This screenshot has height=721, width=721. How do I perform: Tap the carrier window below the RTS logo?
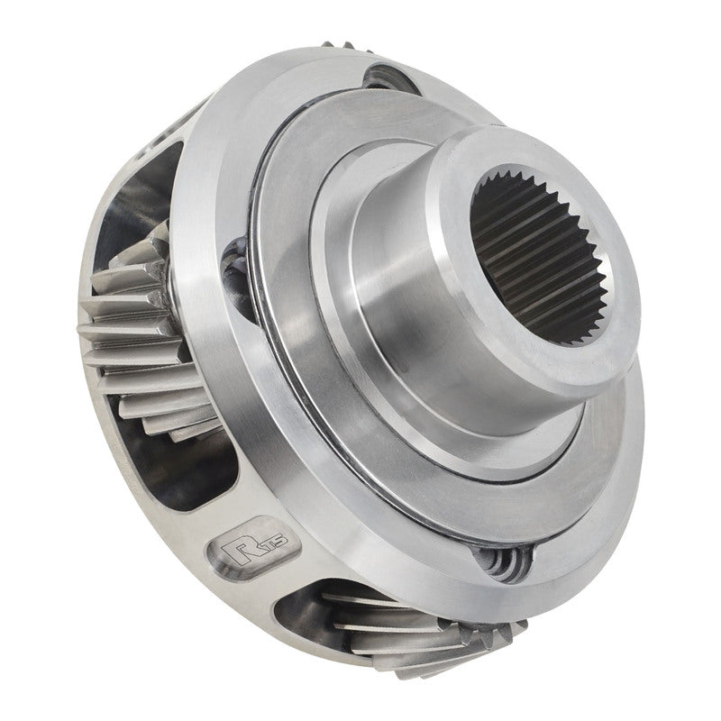(x=270, y=622)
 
